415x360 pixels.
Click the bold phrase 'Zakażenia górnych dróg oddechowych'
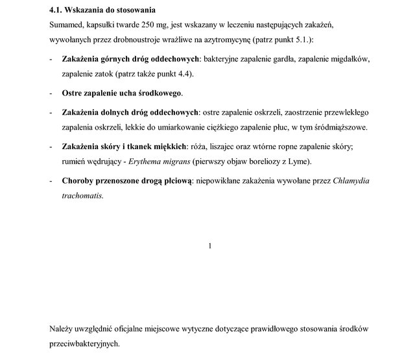[130, 60]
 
